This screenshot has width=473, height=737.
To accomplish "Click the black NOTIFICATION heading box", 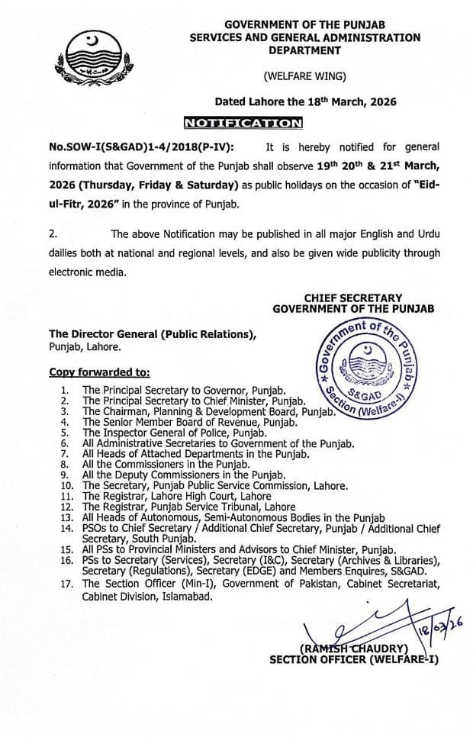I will coord(243,122).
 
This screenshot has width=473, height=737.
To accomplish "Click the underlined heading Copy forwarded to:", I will coord(100,373).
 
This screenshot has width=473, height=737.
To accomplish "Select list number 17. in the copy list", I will coord(68,584).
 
